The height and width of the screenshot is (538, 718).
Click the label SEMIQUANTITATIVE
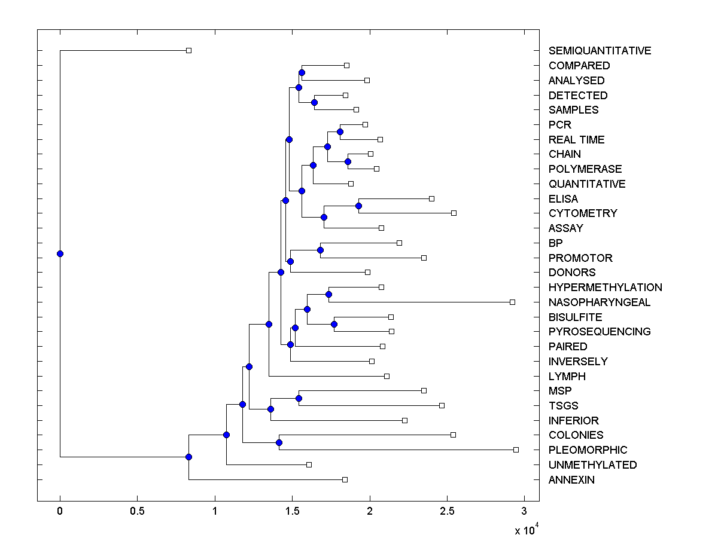(x=600, y=51)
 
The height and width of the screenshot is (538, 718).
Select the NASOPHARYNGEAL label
(x=599, y=302)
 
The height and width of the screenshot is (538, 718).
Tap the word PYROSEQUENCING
(x=600, y=332)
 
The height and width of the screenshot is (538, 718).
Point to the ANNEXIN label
(x=571, y=480)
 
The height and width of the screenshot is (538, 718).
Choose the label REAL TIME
(x=576, y=140)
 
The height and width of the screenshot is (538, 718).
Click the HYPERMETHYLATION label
(x=605, y=288)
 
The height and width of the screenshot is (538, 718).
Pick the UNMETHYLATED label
(x=592, y=465)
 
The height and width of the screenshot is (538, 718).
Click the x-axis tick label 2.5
(x=447, y=512)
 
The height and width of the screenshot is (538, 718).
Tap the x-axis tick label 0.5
(x=137, y=512)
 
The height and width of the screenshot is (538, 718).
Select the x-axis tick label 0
(x=60, y=512)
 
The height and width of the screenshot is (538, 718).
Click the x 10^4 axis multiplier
(x=527, y=530)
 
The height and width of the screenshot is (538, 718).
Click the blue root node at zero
(x=60, y=253)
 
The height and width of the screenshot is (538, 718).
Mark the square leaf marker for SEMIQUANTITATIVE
(x=188, y=51)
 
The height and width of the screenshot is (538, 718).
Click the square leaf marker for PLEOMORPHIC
(x=516, y=450)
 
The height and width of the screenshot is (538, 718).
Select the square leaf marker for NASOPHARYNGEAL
(x=512, y=302)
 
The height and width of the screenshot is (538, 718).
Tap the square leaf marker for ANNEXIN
(x=345, y=479)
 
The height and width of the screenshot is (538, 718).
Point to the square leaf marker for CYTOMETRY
(x=454, y=213)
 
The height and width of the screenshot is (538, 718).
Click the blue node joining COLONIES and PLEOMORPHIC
(x=279, y=442)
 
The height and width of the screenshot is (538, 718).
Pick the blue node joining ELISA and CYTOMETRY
(x=358, y=206)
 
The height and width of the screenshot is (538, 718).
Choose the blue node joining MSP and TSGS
(x=299, y=398)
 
